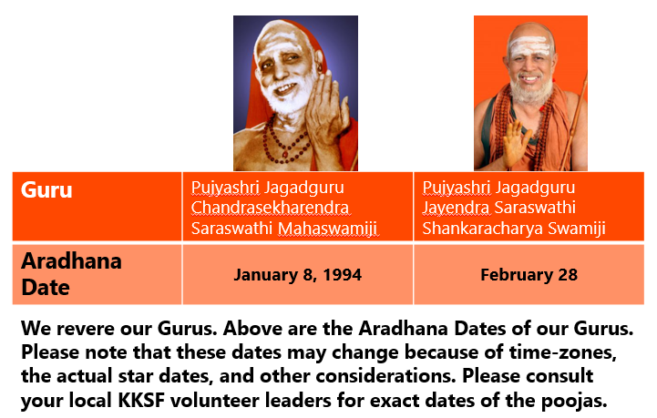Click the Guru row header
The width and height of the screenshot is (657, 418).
[x=46, y=190]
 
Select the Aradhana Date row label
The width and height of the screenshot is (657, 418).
[x=71, y=274]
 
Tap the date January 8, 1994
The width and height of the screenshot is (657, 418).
[x=297, y=275]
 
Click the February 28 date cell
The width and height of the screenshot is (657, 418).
[x=529, y=275]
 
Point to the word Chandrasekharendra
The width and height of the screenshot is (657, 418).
[x=270, y=208]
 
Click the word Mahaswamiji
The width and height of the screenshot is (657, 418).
[x=327, y=229]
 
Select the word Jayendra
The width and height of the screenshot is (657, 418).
[x=456, y=208]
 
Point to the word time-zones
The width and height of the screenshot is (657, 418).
[x=563, y=352]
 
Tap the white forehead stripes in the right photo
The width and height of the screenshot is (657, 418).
[x=529, y=47]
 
